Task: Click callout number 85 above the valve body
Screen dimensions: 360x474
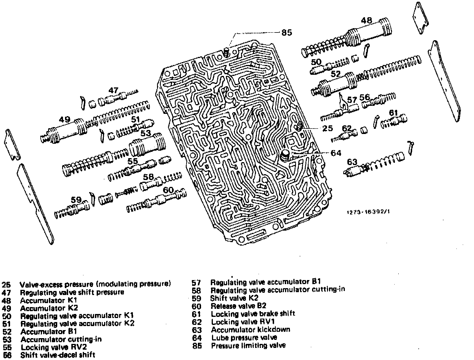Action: tap(286, 32)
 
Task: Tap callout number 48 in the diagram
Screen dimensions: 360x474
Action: tap(366, 20)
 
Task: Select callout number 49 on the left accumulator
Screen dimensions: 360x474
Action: tap(64, 119)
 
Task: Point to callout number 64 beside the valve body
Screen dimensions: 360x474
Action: tap(336, 153)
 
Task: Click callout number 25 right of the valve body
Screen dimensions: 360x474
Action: tap(327, 128)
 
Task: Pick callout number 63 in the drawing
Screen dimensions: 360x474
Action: tap(352, 162)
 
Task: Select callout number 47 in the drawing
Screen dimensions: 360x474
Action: tap(113, 91)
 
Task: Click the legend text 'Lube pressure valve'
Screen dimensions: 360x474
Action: tap(244, 337)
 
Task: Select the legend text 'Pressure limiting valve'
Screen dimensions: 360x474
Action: tap(248, 345)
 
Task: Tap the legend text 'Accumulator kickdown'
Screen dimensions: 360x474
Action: tap(251, 330)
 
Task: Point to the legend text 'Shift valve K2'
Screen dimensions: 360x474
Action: tap(234, 298)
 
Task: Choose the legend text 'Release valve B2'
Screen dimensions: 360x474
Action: tap(238, 306)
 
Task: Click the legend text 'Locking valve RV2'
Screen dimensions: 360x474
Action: tap(53, 347)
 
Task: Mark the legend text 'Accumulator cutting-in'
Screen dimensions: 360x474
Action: tap(61, 339)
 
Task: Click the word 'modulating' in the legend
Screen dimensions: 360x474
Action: tap(118, 284)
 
